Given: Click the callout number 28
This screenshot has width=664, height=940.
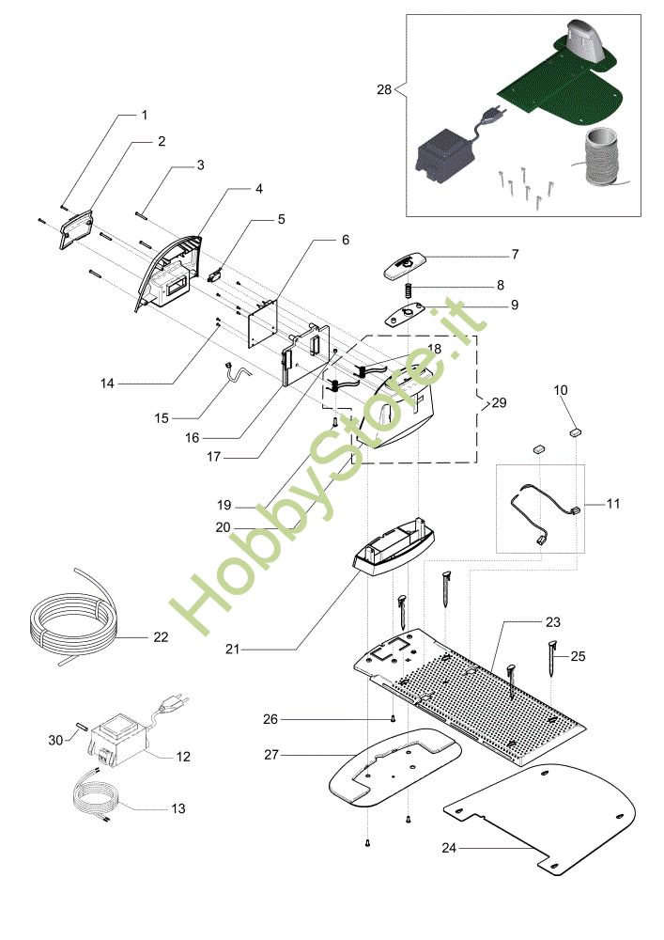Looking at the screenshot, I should tap(382, 89).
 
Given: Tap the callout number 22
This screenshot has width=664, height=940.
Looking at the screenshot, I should tap(161, 636).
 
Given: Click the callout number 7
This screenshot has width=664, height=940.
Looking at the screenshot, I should tap(515, 255).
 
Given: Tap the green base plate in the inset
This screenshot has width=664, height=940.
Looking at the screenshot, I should tap(564, 85).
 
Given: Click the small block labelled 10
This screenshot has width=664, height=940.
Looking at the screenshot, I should tap(575, 433).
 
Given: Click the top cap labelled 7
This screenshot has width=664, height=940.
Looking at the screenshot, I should tap(404, 264).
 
